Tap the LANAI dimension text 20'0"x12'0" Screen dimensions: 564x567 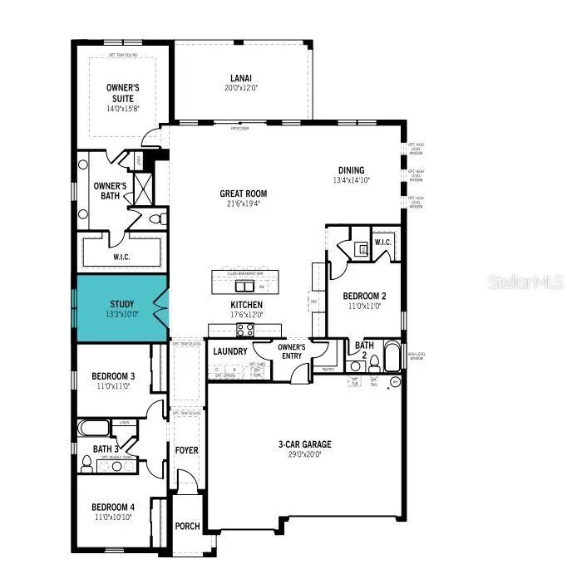tap(241, 87)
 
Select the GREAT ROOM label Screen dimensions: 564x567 tap(244, 194)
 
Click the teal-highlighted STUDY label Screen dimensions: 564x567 tap(122, 305)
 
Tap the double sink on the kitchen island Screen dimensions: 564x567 tap(244, 286)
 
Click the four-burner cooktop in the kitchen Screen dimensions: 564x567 tap(245, 330)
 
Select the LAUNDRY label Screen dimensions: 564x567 tap(230, 351)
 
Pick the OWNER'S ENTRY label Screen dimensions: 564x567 tap(292, 351)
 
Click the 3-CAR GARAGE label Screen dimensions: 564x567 tap(305, 444)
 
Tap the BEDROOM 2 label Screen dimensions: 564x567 tap(364, 295)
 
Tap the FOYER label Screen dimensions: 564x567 tap(186, 450)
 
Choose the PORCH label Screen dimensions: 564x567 tap(186, 526)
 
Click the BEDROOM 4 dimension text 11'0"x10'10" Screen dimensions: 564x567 tap(112, 517)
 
